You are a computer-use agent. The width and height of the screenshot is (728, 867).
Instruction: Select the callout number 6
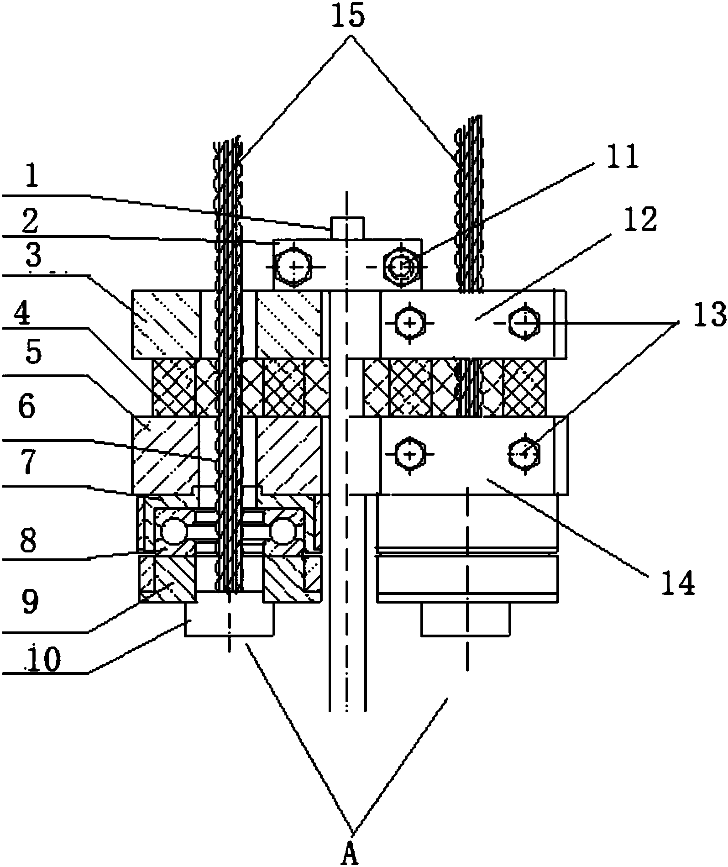click(x=26, y=405)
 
